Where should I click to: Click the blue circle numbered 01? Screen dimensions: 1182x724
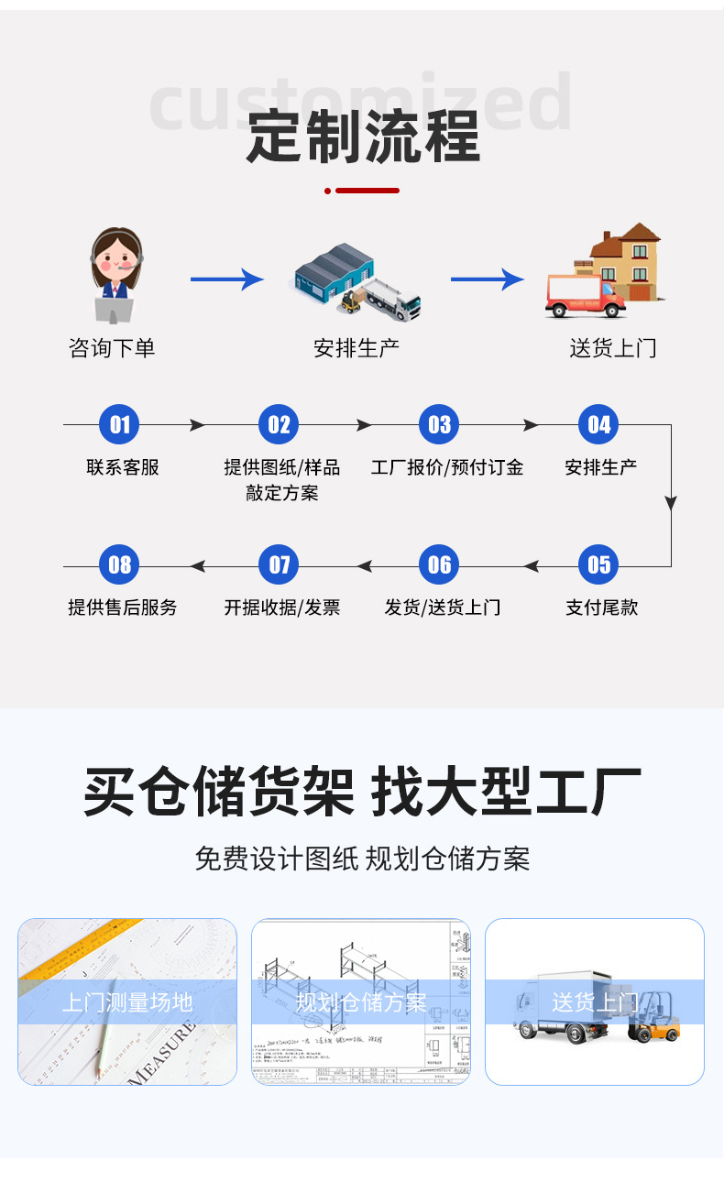tap(120, 424)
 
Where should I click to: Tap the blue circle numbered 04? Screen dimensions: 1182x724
tap(598, 424)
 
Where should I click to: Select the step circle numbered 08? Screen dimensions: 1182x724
tap(120, 564)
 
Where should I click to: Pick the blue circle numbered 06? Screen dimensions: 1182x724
tap(440, 564)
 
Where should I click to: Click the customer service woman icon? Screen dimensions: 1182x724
tap(115, 275)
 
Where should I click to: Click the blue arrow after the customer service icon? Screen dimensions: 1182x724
tap(226, 279)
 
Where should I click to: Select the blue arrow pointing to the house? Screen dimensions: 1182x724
tap(487, 279)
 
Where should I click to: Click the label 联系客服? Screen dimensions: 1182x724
tap(123, 467)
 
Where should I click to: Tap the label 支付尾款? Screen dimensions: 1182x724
tap(601, 607)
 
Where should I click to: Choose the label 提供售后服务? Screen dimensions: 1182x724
tap(123, 607)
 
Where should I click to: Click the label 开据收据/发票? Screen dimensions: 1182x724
tap(282, 607)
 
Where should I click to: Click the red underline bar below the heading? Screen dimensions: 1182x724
tap(367, 191)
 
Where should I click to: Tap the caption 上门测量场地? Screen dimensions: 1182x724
tap(127, 1002)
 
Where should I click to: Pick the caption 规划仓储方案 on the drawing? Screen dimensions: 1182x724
tap(361, 1002)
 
